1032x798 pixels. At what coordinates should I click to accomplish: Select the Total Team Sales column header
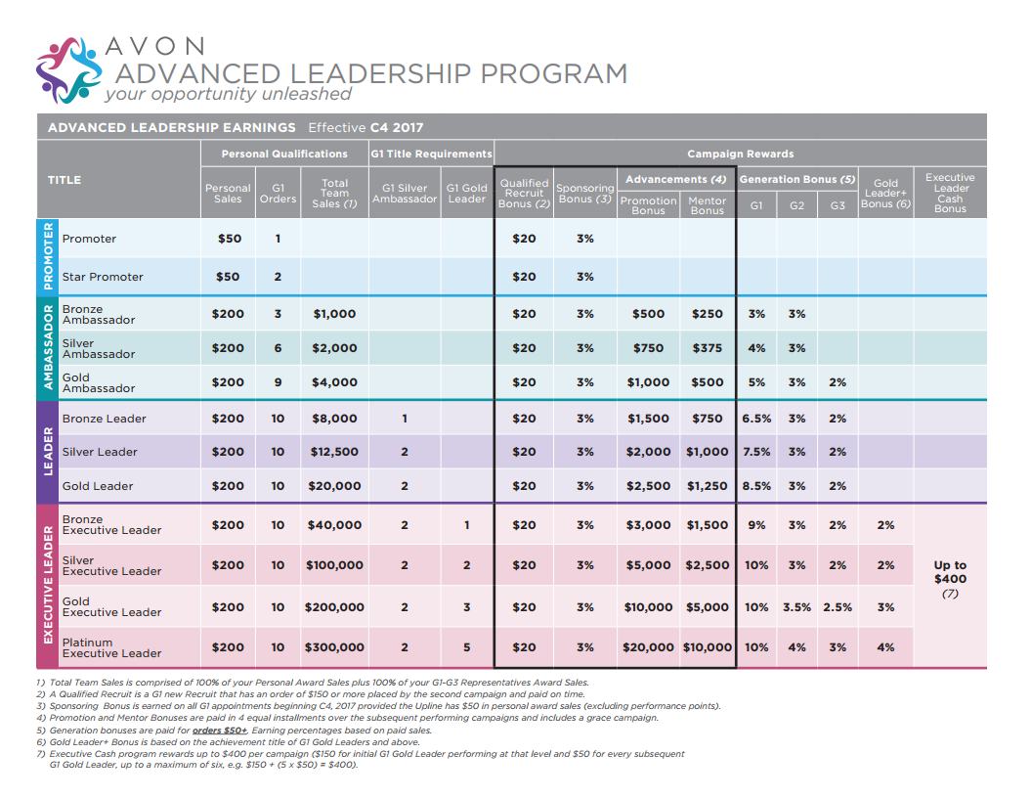334,193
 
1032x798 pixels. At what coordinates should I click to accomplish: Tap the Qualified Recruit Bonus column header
524,193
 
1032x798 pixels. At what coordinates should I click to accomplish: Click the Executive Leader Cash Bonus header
949,193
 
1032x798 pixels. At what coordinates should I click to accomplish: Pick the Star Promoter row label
103,277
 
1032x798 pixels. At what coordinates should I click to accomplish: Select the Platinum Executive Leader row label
111,647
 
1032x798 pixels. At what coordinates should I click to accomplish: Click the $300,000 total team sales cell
334,647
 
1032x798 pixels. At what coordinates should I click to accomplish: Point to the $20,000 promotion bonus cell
649,647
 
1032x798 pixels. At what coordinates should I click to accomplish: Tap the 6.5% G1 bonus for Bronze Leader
756,419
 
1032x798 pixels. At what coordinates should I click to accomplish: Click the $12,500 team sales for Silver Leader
334,452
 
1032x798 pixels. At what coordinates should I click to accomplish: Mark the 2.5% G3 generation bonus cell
838,607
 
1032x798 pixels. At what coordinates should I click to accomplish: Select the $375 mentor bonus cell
707,348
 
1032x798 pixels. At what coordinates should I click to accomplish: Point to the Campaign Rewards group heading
740,154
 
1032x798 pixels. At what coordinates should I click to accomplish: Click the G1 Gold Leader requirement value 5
467,647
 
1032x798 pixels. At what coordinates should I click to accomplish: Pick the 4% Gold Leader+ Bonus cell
885,647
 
